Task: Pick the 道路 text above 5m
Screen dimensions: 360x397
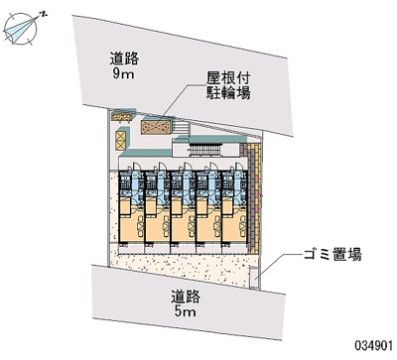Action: [x=186, y=296]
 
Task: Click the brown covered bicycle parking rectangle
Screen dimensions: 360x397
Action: [x=157, y=126]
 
